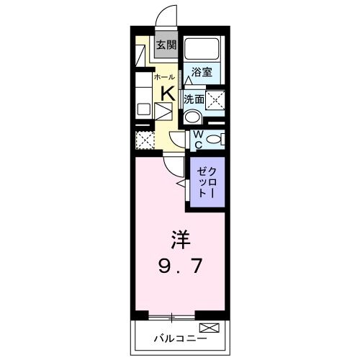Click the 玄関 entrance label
[166, 45]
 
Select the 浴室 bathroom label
[201, 72]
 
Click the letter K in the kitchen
[166, 92]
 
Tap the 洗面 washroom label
[194, 99]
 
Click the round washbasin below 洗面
[192, 117]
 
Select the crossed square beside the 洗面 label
[215, 99]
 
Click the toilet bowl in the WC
[214, 140]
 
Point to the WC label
[194, 139]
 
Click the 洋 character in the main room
[180, 238]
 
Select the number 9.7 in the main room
[180, 267]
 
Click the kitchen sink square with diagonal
[164, 112]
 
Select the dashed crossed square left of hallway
[145, 139]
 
